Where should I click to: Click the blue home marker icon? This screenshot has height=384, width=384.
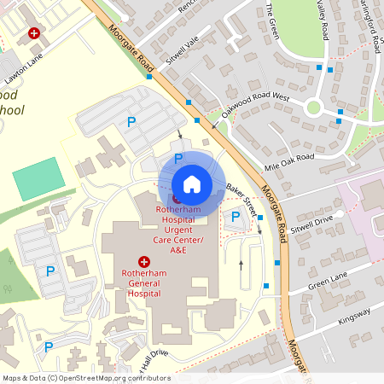(191, 183)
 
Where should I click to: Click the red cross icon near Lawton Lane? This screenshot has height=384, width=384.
(34, 33)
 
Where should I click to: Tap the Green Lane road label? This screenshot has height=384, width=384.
(328, 283)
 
